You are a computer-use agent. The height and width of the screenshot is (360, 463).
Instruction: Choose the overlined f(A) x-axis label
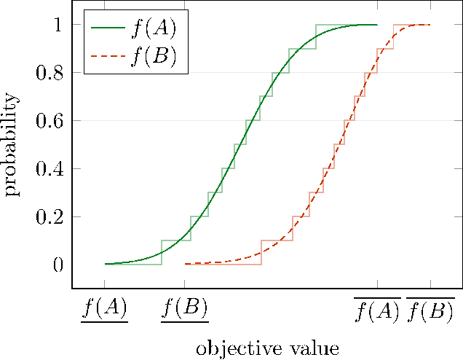click(377, 310)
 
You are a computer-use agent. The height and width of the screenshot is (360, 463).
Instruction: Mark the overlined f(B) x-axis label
click(430, 310)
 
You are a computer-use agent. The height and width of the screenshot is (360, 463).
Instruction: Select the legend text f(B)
click(153, 56)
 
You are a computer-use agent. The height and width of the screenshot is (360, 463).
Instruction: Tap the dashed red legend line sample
click(107, 56)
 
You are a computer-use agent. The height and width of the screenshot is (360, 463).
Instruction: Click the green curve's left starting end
click(105, 264)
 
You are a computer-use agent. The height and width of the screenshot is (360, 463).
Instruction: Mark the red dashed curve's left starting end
click(185, 264)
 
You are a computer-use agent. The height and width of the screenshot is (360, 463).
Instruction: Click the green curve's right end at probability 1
click(377, 25)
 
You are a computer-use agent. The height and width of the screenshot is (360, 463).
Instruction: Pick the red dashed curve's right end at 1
click(430, 25)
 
